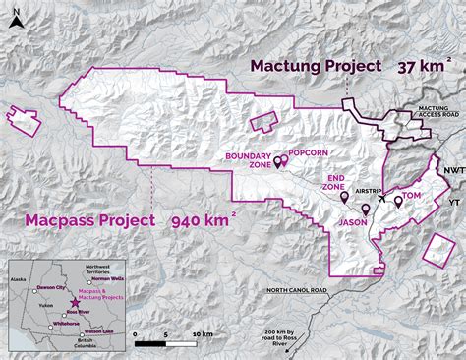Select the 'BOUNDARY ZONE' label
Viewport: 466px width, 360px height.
pyautogui.click(x=248, y=160)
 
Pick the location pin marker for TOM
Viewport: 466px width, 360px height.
pyautogui.click(x=398, y=201)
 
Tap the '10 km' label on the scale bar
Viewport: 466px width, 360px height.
pyautogui.click(x=203, y=334)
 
